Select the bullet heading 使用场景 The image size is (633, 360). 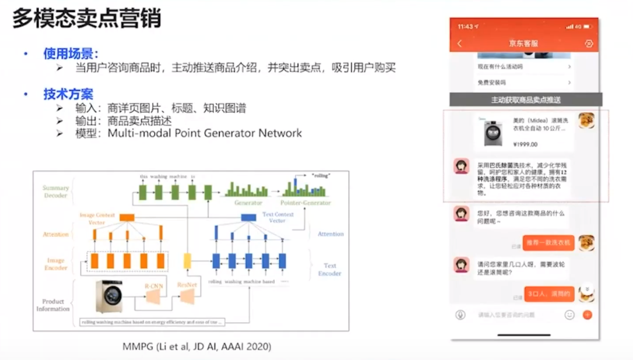tap(71, 54)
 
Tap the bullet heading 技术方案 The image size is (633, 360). tap(68, 94)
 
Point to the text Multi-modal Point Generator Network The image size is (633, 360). tap(205, 133)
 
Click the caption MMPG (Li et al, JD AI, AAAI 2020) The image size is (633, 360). tap(197, 347)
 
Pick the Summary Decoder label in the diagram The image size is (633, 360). tap(55, 191)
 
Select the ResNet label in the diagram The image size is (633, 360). tap(187, 284)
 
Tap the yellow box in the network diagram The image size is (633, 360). tap(187, 261)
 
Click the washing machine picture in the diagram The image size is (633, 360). tap(109, 297)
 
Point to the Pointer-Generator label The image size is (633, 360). tap(306, 203)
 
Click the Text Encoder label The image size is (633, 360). tap(330, 269)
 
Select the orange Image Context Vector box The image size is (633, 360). tap(126, 217)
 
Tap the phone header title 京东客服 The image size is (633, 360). tap(523, 44)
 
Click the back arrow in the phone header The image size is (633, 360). tap(460, 44)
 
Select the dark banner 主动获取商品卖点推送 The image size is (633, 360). tap(526, 100)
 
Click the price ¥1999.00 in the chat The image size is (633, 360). tap(525, 144)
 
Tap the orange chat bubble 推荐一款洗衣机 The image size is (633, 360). tap(548, 242)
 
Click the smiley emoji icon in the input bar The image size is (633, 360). tap(570, 315)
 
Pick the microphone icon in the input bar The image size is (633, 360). tap(460, 315)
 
